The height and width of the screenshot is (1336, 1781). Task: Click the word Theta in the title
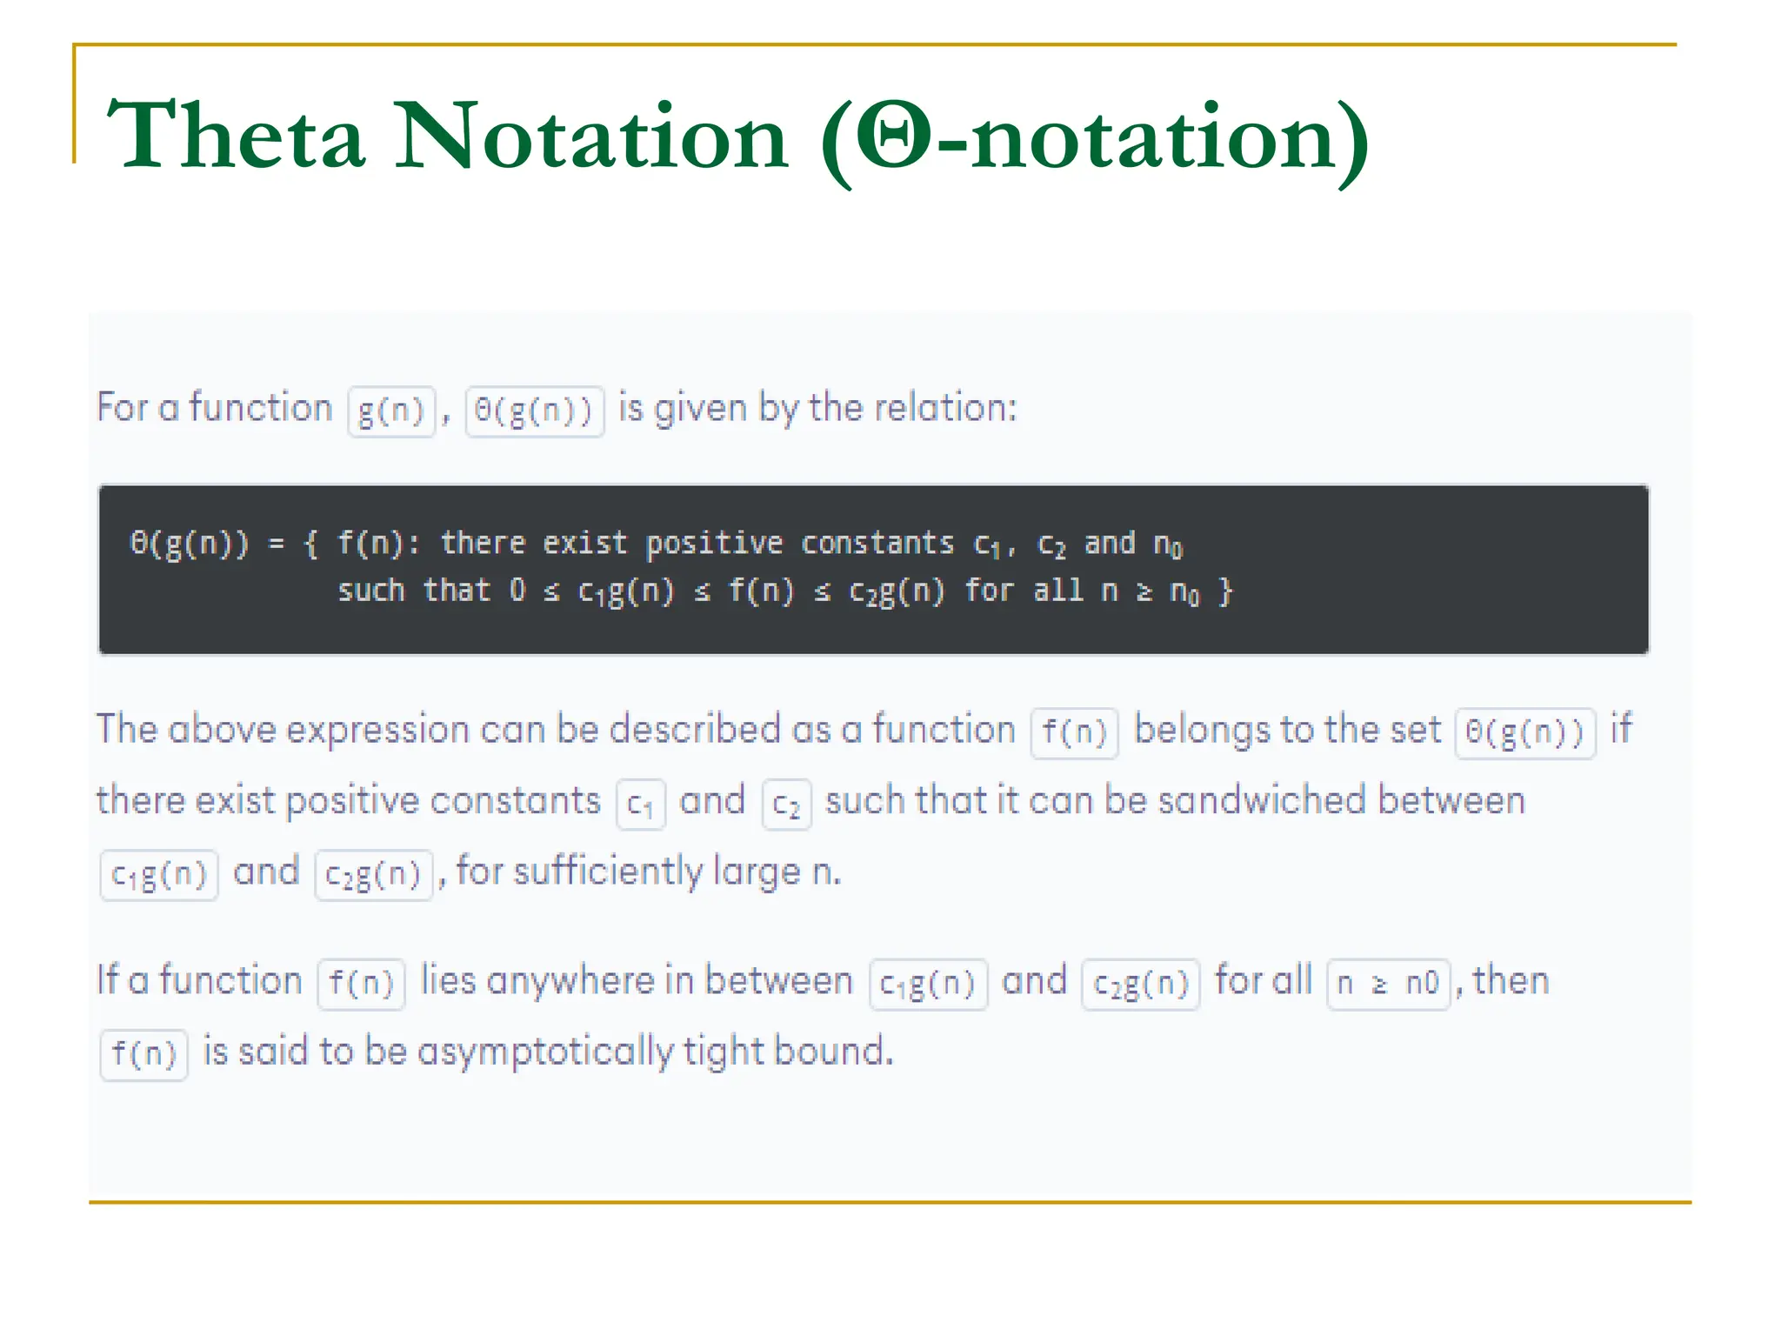tap(235, 137)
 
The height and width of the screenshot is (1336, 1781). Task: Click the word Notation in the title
tap(591, 137)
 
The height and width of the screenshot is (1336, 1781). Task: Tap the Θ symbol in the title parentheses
tap(895, 137)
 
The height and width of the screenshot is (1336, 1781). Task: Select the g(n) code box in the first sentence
tap(391, 411)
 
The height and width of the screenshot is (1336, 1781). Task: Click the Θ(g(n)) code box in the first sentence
tap(534, 411)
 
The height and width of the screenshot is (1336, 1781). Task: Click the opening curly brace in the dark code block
tap(311, 544)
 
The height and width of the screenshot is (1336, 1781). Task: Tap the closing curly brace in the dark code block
tap(1225, 592)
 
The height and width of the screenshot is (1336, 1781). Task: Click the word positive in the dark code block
tap(713, 544)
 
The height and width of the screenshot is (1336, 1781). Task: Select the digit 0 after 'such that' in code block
tap(517, 591)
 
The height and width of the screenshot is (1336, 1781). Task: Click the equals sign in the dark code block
tap(277, 544)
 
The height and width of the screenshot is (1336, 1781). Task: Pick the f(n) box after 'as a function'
tap(1074, 732)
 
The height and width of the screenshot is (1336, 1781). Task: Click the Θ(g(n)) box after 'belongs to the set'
tap(1525, 732)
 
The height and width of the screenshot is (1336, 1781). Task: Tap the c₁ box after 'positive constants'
tap(641, 805)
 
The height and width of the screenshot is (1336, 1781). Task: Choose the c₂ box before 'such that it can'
tap(786, 805)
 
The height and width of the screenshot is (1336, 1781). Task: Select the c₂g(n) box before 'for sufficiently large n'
tap(373, 875)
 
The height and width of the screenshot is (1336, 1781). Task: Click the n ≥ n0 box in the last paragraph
tap(1388, 984)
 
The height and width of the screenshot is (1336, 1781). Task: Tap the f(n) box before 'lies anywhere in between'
tap(361, 984)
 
